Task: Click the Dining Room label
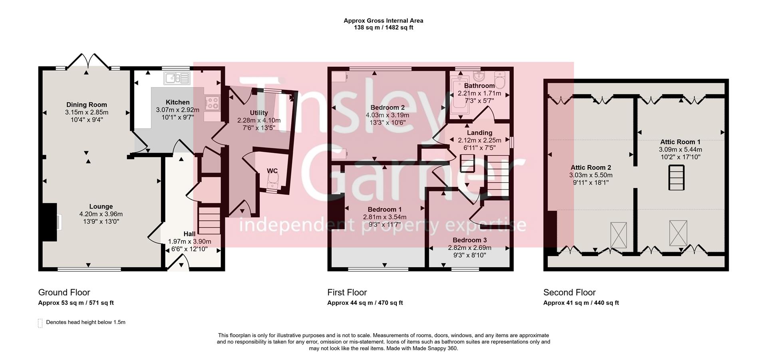click(x=87, y=105)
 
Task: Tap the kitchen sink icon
click(x=177, y=78)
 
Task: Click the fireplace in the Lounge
click(x=50, y=222)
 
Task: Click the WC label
click(x=272, y=171)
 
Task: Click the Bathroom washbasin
click(x=478, y=76)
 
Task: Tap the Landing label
click(x=479, y=133)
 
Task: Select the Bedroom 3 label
click(x=469, y=240)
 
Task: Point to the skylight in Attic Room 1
click(x=678, y=233)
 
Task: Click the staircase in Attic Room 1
click(x=676, y=178)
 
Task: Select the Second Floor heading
click(x=569, y=292)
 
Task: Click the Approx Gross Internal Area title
click(x=383, y=21)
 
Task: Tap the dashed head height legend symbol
click(x=40, y=323)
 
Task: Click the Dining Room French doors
click(x=88, y=61)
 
